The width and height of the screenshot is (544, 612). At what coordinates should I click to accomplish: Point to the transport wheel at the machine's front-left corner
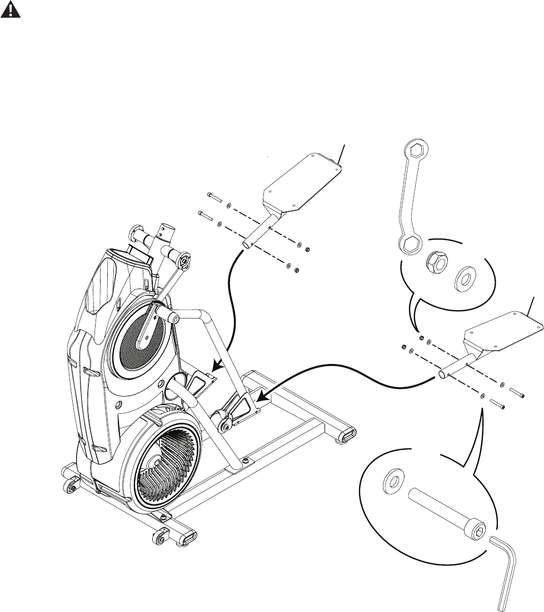tap(70, 487)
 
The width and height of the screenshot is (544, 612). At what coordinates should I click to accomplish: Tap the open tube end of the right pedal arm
tap(443, 374)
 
